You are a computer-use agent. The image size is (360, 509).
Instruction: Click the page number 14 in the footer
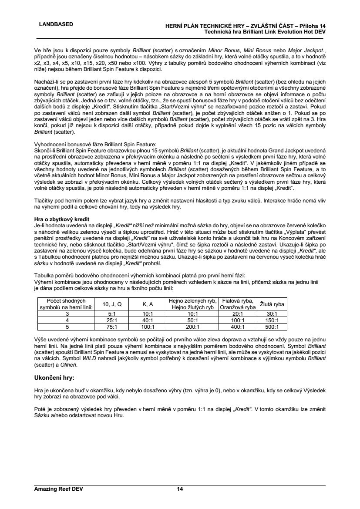pyautogui.click(x=180, y=489)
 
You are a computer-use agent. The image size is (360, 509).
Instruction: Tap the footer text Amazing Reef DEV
pyautogui.click(x=58, y=489)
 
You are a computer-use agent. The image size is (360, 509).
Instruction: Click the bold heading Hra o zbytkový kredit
pyautogui.click(x=61, y=219)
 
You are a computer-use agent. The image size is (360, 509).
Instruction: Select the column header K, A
pyautogui.click(x=148, y=304)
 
